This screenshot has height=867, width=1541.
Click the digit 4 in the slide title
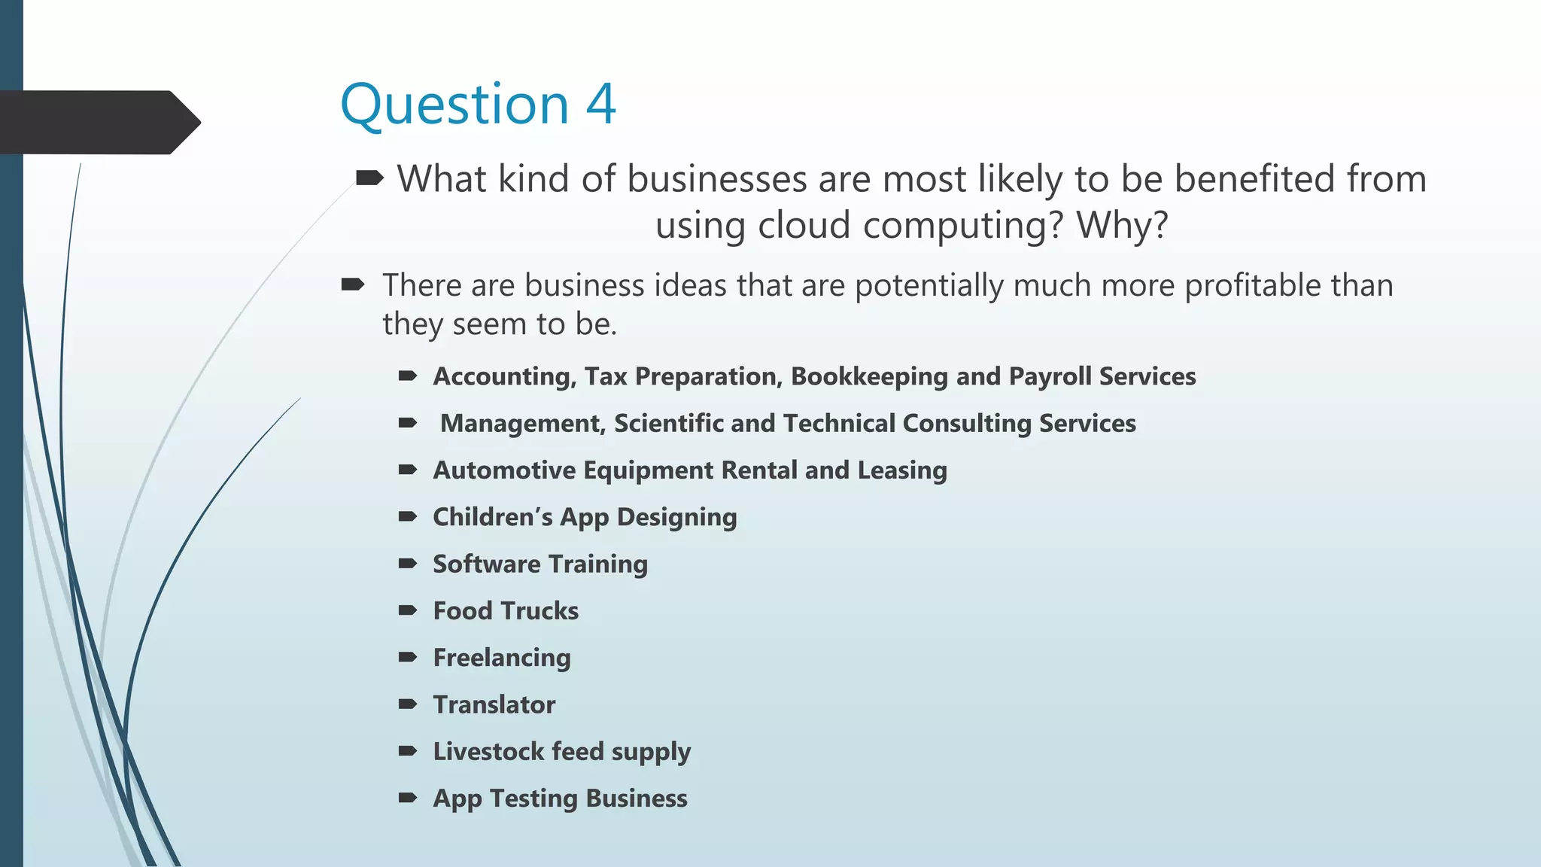(x=600, y=104)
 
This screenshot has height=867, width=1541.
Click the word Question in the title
(x=454, y=105)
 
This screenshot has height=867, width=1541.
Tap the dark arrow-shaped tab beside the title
(x=98, y=122)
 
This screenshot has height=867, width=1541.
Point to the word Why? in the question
(x=1123, y=225)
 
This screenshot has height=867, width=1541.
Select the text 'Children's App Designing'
(x=585, y=518)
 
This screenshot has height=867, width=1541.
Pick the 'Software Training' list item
(x=540, y=564)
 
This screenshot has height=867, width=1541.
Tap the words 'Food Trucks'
(x=506, y=611)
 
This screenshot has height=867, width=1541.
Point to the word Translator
(x=494, y=705)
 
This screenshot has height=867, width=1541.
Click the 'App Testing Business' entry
(x=560, y=799)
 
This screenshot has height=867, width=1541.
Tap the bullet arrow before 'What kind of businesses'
(x=369, y=178)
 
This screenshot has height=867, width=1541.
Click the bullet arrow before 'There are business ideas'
(x=352, y=284)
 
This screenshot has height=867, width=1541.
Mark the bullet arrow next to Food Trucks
(x=408, y=610)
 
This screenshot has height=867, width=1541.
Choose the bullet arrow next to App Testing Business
(x=408, y=798)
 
